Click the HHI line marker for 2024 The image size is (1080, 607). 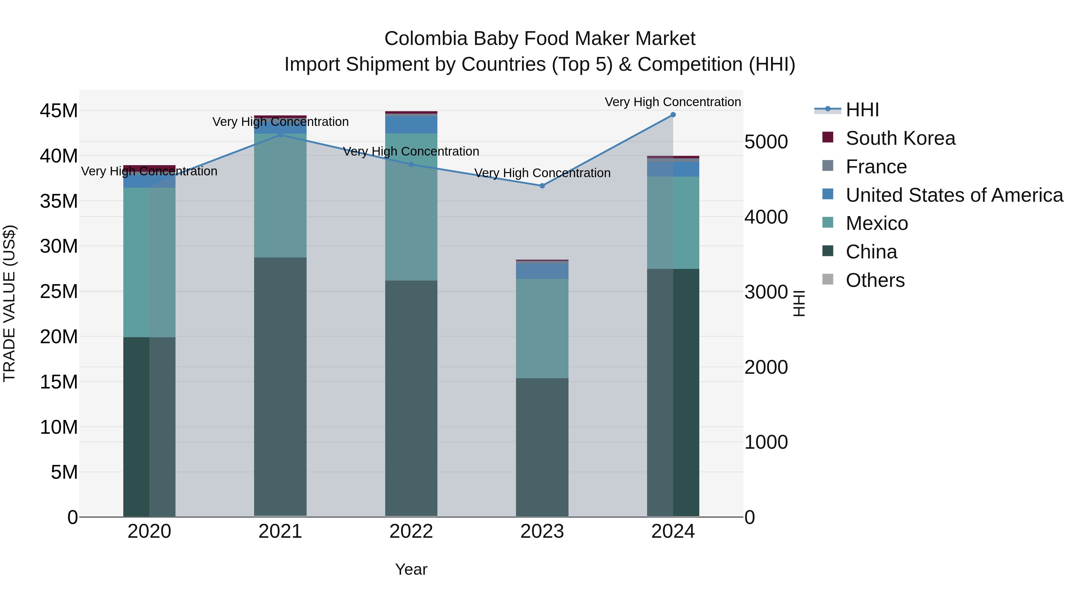[x=673, y=115]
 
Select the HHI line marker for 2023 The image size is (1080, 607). [x=542, y=186]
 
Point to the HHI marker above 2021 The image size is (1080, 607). [x=280, y=135]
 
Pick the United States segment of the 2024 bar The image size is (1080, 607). [x=673, y=169]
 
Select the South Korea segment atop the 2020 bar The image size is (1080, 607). [x=149, y=168]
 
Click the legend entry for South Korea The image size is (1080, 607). [x=900, y=138]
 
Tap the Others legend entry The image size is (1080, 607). [x=875, y=280]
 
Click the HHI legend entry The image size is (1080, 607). [x=862, y=110]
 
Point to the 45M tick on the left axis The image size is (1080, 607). [x=59, y=111]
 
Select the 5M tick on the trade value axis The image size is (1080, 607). [x=64, y=472]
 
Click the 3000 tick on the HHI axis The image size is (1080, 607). [x=766, y=292]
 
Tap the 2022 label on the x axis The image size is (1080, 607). [x=411, y=531]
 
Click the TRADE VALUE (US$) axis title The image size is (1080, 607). [x=9, y=303]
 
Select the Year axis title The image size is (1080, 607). [x=411, y=569]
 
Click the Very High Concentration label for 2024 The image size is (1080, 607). [x=673, y=102]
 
